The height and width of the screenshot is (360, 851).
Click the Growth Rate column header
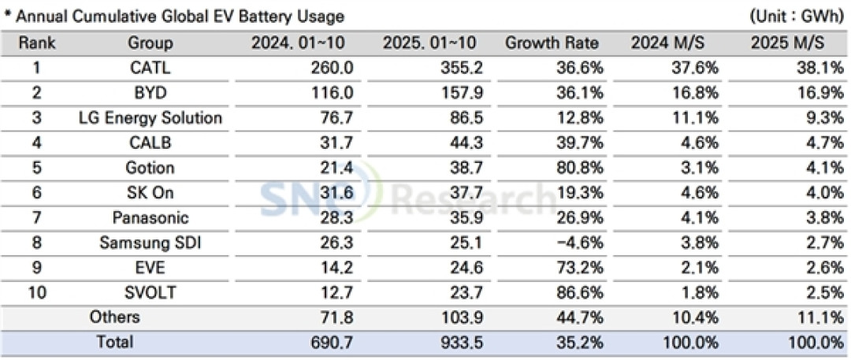click(552, 43)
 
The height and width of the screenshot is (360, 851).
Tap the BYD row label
click(151, 93)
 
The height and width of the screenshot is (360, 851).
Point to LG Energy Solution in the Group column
click(151, 118)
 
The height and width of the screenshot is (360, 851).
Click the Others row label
click(114, 317)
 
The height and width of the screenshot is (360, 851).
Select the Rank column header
click(38, 43)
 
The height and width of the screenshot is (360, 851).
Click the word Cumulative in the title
click(106, 17)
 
